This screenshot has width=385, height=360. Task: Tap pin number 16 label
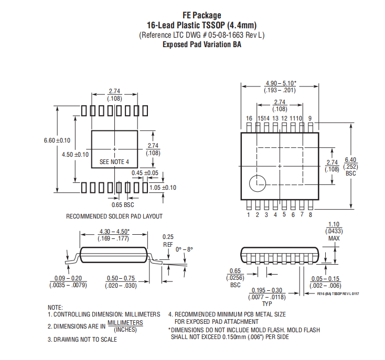point(249,118)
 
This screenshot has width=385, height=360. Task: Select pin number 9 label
point(310,118)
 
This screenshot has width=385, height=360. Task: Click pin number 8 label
point(311,215)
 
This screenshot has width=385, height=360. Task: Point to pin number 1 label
point(249,215)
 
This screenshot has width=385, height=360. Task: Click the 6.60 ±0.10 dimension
point(57,140)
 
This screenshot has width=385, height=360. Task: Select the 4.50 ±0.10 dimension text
point(75,155)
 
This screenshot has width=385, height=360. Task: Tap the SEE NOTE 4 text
point(114,162)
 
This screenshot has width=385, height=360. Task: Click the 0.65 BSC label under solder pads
point(123,205)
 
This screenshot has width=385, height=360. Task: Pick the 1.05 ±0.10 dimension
point(163,188)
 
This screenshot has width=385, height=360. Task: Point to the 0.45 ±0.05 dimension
point(145,173)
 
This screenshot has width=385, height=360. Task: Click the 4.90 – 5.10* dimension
point(280,87)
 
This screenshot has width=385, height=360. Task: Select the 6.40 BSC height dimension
point(350,167)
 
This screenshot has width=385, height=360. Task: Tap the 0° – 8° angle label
point(184,249)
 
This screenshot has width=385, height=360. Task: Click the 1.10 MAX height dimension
point(334,231)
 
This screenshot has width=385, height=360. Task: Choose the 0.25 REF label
point(168,241)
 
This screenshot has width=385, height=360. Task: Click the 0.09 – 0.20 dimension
point(68,282)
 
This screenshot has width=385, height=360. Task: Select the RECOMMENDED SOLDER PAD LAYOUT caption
point(114,216)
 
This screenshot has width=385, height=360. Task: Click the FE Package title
point(202,15)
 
